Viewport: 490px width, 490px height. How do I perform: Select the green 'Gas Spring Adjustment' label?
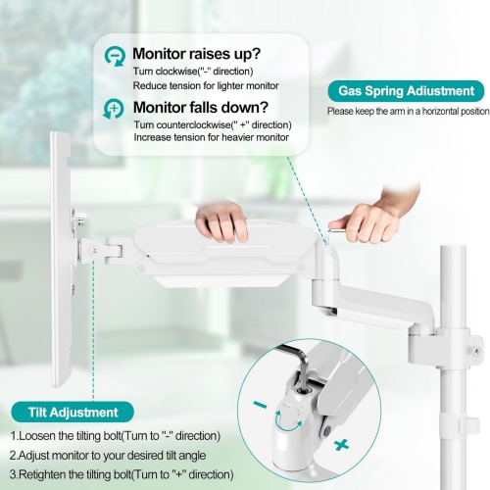tap(406, 91)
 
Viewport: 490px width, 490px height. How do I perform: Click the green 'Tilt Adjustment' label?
tap(68, 413)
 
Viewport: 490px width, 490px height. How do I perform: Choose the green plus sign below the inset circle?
tap(340, 447)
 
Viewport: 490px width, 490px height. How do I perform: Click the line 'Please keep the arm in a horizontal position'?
tap(408, 111)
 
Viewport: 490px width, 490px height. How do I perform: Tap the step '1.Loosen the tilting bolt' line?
tap(116, 435)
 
